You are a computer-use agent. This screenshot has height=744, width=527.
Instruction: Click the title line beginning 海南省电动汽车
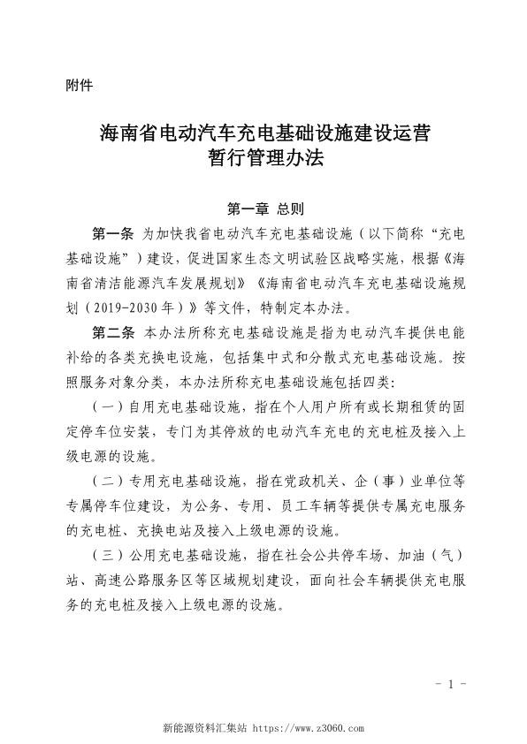[x=264, y=134]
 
